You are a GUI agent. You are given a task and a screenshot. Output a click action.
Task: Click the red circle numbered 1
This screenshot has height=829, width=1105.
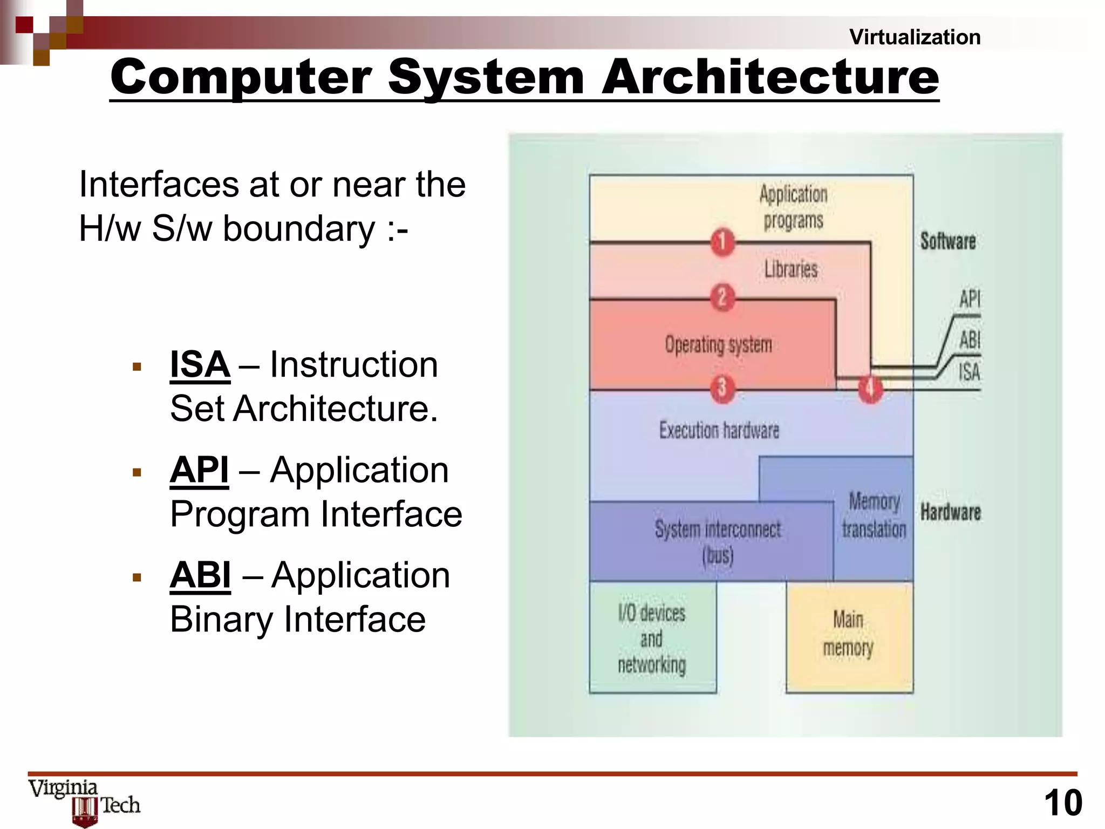tap(722, 242)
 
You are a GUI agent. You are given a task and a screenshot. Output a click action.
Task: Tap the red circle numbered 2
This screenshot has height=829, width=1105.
tap(722, 297)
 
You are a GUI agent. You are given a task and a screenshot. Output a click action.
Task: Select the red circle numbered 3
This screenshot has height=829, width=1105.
tap(722, 388)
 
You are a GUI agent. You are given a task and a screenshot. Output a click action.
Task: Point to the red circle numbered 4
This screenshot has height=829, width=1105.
tap(870, 388)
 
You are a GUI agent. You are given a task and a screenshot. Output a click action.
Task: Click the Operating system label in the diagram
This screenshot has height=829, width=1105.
tap(718, 344)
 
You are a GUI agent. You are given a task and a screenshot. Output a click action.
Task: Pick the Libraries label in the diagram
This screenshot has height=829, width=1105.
tap(791, 269)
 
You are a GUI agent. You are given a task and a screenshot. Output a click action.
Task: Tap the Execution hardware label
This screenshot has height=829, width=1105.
tap(719, 430)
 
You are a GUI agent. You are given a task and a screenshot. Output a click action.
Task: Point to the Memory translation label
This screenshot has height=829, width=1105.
tap(874, 515)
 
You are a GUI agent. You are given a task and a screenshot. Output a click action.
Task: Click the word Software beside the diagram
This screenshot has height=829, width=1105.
tap(948, 241)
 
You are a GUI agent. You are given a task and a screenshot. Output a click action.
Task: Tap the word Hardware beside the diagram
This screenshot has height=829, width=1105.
tap(951, 512)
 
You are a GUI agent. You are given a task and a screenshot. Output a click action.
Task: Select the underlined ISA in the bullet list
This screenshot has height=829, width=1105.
tap(200, 365)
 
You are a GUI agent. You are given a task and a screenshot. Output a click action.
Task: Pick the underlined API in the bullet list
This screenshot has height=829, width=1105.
tap(199, 470)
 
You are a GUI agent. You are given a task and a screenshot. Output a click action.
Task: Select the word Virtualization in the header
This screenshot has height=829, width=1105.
tap(915, 37)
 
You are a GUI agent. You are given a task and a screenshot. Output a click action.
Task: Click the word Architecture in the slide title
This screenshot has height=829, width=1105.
tap(770, 77)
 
